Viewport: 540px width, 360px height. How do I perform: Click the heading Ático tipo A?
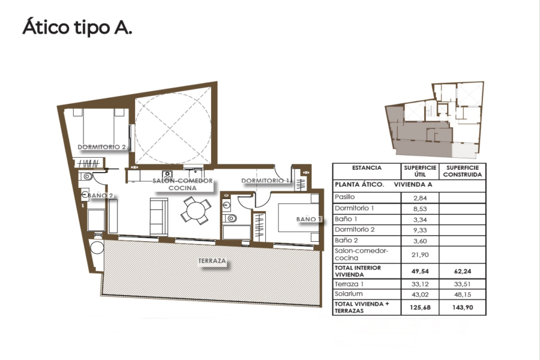77,28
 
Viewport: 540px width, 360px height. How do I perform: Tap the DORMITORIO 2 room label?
101,147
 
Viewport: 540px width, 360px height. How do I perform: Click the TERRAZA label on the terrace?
212,262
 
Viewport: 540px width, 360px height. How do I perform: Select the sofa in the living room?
158,217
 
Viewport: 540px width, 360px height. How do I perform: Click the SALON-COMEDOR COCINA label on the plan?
182,184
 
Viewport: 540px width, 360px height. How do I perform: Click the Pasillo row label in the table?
345,197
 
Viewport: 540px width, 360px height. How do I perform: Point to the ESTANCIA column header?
367,168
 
